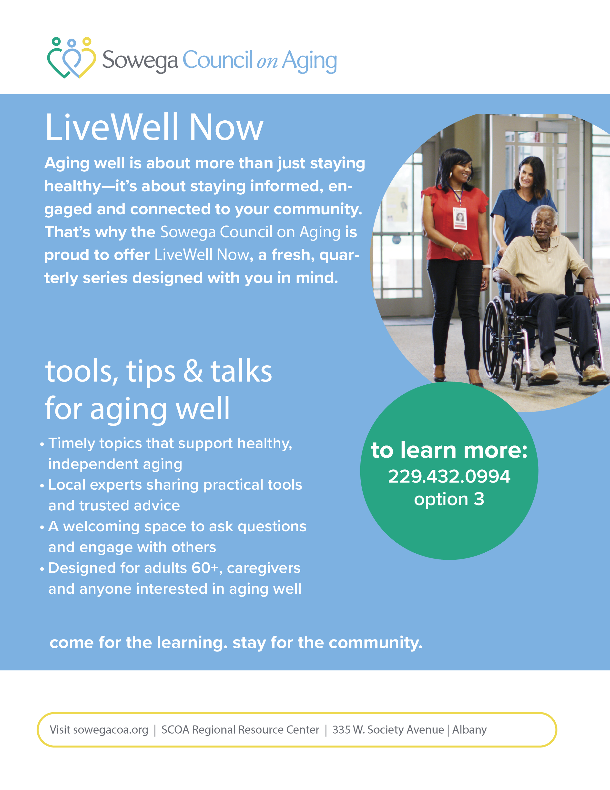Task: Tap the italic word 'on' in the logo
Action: [x=267, y=62]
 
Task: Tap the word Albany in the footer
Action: [x=469, y=730]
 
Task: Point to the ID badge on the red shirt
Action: [x=460, y=218]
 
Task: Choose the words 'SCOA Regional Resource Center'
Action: [x=240, y=730]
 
